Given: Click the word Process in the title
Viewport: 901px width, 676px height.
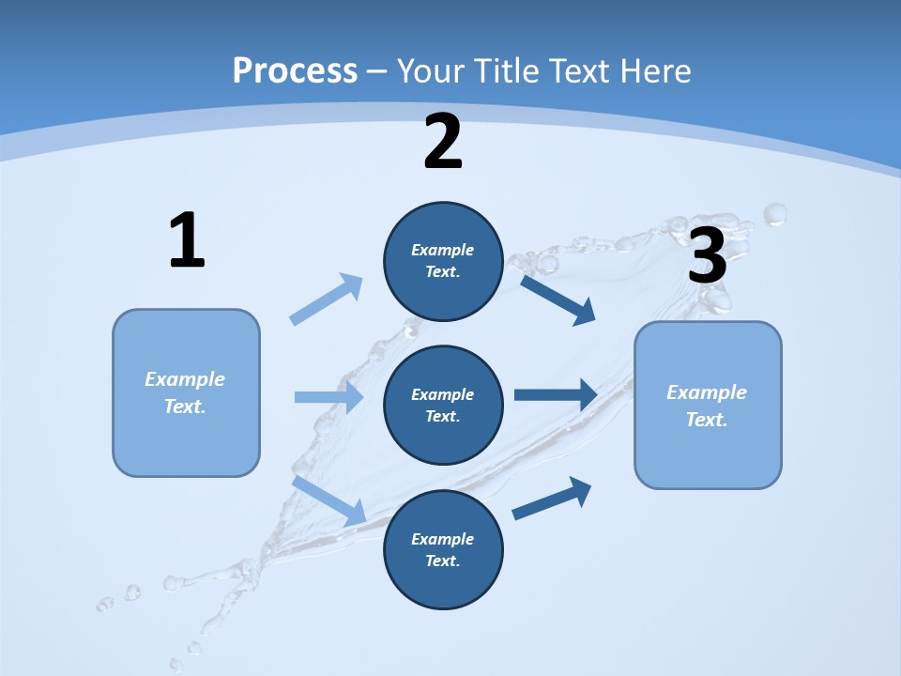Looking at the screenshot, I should click(x=295, y=71).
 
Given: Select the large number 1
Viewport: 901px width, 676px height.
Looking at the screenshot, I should click(x=187, y=241).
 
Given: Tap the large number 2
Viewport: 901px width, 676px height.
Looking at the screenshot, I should click(x=443, y=143).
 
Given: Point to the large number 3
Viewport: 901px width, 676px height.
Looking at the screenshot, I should click(x=708, y=255).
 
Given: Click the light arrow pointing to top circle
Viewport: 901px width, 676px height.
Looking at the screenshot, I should click(x=327, y=300).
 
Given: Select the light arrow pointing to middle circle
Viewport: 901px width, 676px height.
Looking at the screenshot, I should click(x=328, y=397).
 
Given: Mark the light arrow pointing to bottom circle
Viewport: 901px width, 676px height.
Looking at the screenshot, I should click(x=329, y=500).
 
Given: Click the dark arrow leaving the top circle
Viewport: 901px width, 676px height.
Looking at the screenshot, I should click(x=558, y=300).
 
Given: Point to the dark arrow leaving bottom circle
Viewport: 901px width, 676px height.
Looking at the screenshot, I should click(x=553, y=499).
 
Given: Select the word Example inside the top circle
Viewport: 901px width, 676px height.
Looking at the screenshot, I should click(x=443, y=250).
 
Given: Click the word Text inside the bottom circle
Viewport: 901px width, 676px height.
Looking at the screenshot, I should click(x=441, y=561).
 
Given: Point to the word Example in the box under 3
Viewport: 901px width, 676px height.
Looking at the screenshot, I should click(x=707, y=392).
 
